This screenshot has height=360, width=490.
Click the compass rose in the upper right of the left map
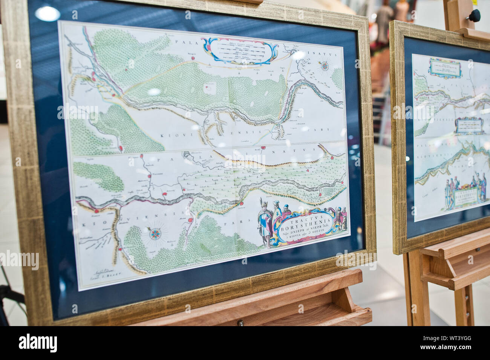pyautogui.click(x=324, y=67)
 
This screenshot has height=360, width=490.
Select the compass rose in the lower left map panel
pyautogui.click(x=155, y=234)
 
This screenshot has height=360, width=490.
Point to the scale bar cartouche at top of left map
pyautogui.click(x=239, y=51)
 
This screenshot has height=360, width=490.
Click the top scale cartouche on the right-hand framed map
pyautogui.click(x=445, y=68)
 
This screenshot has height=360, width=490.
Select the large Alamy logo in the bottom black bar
pyautogui.click(x=38, y=343)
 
